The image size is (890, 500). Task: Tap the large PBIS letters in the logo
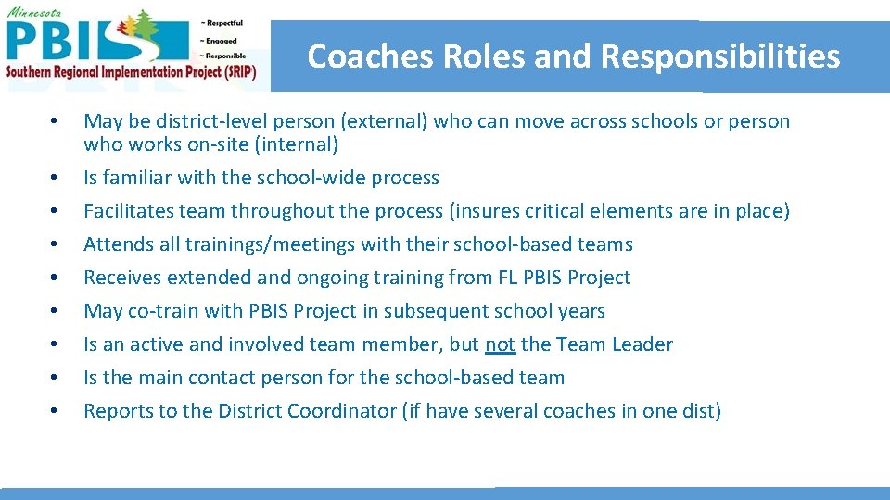(65, 41)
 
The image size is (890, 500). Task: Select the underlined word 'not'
(500, 344)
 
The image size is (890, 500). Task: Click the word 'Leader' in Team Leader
(642, 344)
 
